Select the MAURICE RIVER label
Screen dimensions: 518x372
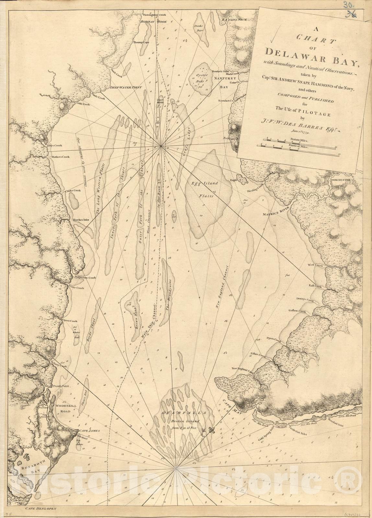pos(275,214)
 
